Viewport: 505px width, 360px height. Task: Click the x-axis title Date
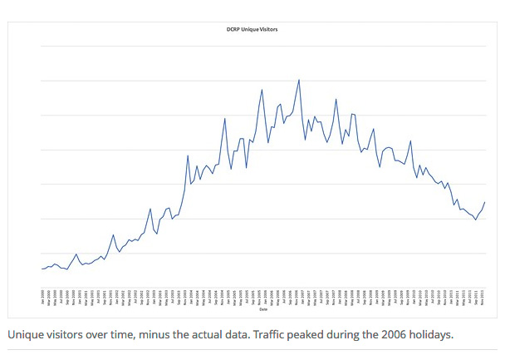[x=263, y=309]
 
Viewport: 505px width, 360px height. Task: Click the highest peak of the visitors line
[x=299, y=80]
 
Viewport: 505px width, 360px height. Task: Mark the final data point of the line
[x=485, y=202]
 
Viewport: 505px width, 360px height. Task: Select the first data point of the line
[x=42, y=269]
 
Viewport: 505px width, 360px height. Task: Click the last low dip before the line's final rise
[x=476, y=219]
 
